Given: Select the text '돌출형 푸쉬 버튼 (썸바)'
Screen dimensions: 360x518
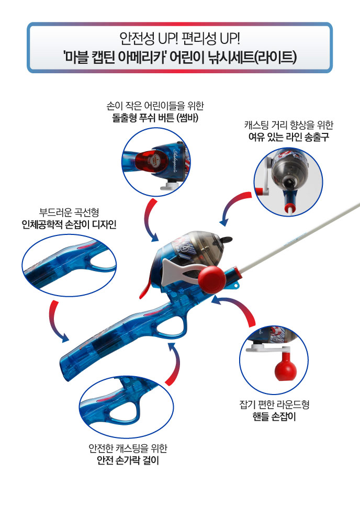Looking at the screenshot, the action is pyautogui.click(x=155, y=118).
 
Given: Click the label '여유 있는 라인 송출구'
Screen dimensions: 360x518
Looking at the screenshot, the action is pyautogui.click(x=289, y=137).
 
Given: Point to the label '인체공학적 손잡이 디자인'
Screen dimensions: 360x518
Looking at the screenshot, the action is pyautogui.click(x=69, y=224).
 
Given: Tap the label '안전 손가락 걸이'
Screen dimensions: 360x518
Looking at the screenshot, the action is pyautogui.click(x=128, y=460).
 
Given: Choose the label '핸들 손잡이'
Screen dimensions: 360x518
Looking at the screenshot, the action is pyautogui.click(x=274, y=416).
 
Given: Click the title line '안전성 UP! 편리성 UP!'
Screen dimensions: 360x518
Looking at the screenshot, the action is pyautogui.click(x=179, y=39).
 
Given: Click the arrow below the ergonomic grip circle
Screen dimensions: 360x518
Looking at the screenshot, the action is pyautogui.click(x=55, y=322).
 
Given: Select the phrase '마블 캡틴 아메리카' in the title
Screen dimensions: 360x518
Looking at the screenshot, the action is pyautogui.click(x=114, y=57).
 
